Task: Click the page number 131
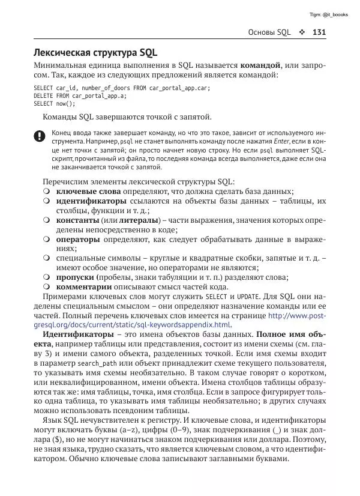click(x=319, y=32)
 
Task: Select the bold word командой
click(x=260, y=65)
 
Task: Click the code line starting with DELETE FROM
click(x=80, y=95)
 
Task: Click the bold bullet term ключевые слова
click(x=88, y=192)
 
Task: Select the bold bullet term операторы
click(x=78, y=239)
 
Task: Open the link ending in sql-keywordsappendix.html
click(x=179, y=325)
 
